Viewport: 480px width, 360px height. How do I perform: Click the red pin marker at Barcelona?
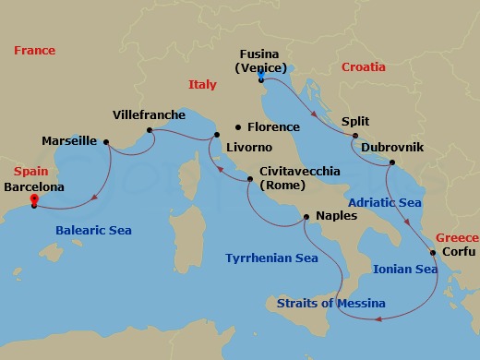(x=34, y=198)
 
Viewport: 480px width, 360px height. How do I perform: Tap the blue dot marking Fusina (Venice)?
(x=261, y=78)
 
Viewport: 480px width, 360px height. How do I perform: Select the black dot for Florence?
(x=238, y=127)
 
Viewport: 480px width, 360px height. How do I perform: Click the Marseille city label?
(x=69, y=141)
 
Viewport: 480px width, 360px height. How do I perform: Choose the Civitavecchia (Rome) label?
(x=300, y=178)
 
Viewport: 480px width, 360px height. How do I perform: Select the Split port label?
(x=355, y=121)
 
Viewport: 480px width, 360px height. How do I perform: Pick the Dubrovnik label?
(x=392, y=147)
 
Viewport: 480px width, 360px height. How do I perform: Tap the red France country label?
(x=35, y=51)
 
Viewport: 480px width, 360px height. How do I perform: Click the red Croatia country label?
(x=364, y=67)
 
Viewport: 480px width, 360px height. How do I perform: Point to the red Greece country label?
(x=457, y=237)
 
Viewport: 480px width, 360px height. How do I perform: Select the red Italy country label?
(x=202, y=84)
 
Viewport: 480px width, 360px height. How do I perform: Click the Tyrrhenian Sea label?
(x=271, y=258)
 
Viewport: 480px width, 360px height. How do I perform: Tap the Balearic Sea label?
(x=93, y=231)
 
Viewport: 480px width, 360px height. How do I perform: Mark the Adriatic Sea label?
(x=385, y=202)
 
